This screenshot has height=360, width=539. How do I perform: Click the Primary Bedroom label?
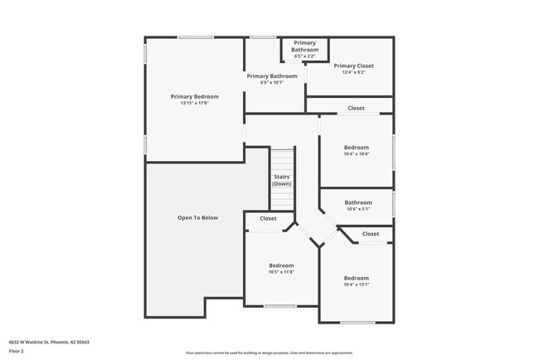pos(194,96)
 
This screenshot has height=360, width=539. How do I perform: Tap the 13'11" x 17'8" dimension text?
pos(194,103)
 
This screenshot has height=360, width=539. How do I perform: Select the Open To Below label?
pos(197,218)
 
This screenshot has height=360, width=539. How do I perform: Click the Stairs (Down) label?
pos(282,180)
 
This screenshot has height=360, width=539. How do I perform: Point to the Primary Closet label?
pos(353,66)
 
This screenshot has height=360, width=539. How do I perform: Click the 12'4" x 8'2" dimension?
pos(353,73)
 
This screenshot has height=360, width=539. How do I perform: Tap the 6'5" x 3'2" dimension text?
pos(303,56)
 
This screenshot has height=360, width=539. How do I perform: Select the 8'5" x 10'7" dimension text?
pos(272,83)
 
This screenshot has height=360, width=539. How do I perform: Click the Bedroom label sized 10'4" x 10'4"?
pos(357,147)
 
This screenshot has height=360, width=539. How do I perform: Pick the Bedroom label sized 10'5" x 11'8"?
pos(282,265)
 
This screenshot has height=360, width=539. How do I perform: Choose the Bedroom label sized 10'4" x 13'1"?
pos(357,278)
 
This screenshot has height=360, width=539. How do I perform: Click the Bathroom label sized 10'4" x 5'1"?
pos(358,202)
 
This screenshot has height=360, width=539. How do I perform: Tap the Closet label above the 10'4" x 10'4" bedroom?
pos(356,109)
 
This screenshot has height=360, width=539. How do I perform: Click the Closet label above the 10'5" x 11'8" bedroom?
pos(268,219)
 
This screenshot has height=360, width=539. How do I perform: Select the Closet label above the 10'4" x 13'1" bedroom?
pos(371,234)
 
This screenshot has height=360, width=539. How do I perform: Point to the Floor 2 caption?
pos(17,351)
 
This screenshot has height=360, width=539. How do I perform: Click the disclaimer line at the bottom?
pos(269,353)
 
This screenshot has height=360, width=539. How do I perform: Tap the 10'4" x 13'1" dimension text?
pos(357,285)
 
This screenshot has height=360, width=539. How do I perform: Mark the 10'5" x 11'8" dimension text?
pos(282,272)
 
